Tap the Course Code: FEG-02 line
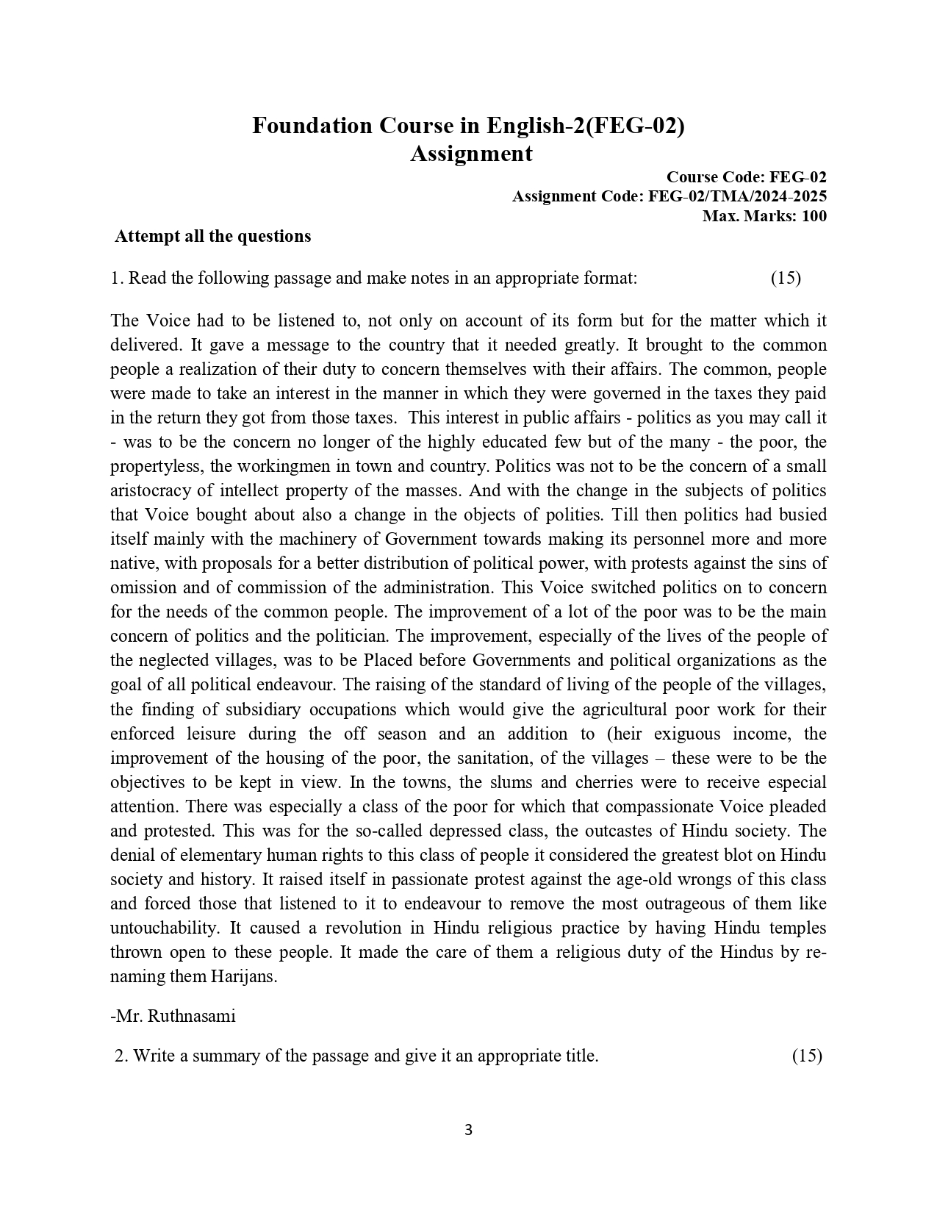click(x=746, y=177)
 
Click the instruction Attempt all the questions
click(x=213, y=237)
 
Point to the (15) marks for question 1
click(x=786, y=278)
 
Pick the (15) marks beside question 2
click(x=807, y=1056)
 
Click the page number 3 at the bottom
click(x=468, y=1130)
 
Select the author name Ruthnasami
click(x=191, y=1016)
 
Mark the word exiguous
click(x=683, y=734)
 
